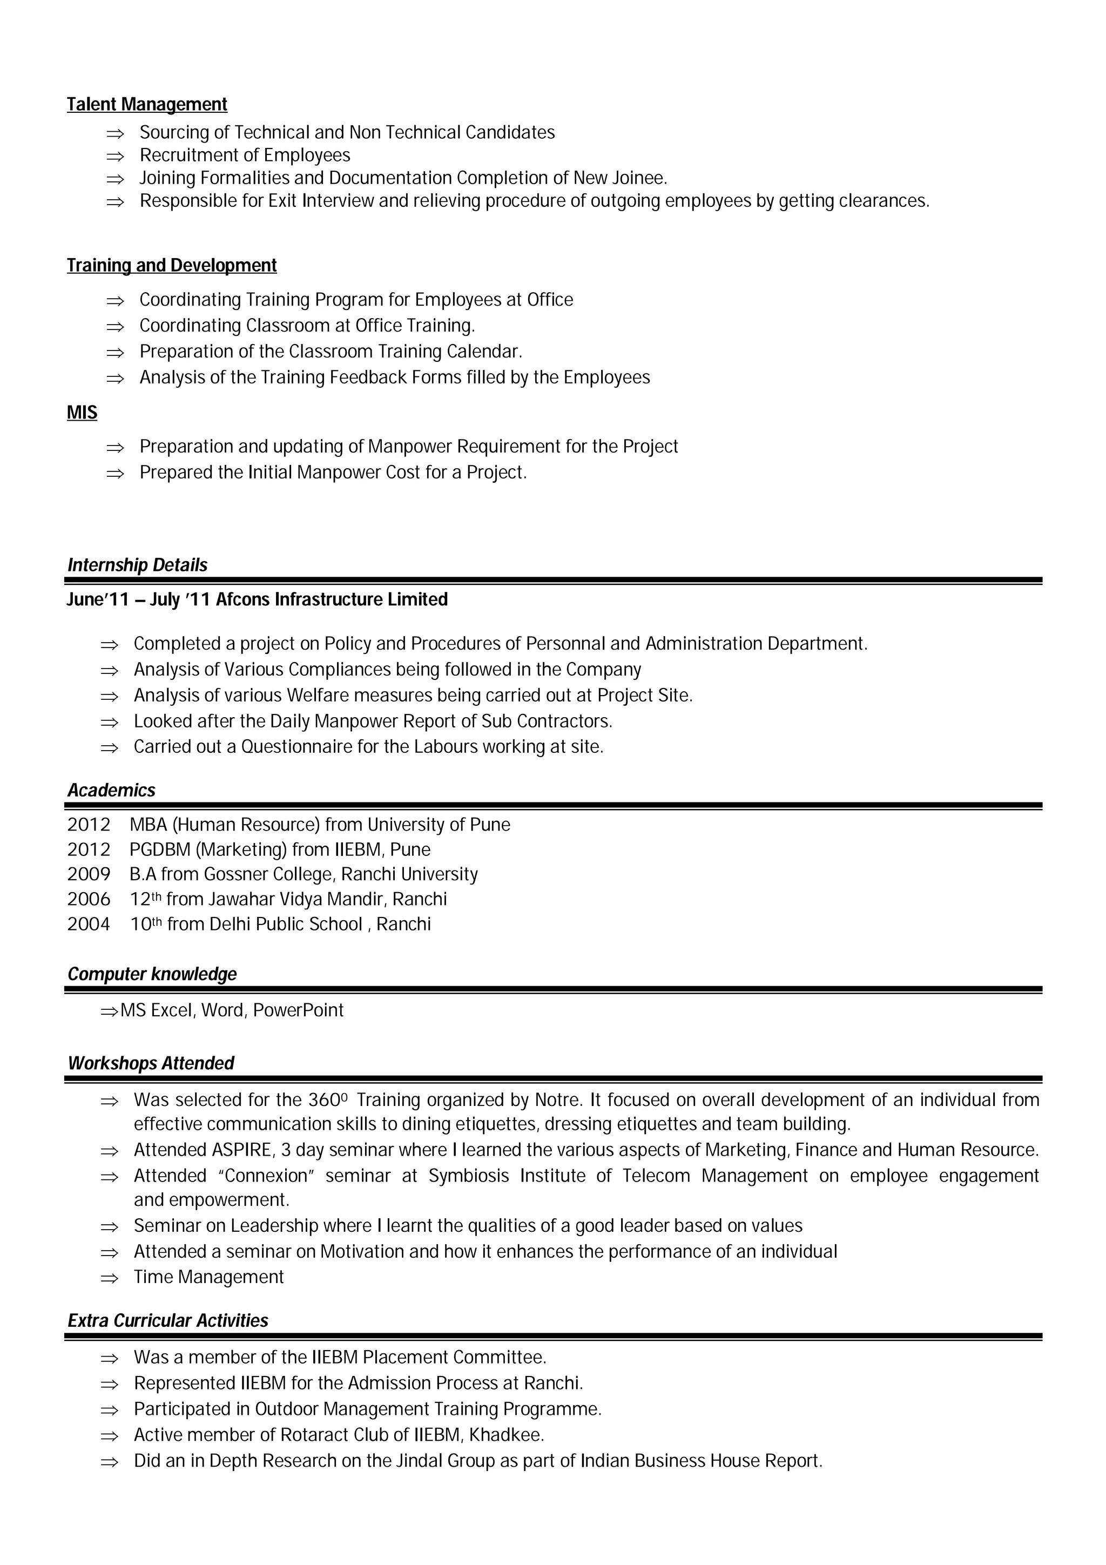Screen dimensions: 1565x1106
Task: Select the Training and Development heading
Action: [x=172, y=265]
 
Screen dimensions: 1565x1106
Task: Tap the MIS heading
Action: [x=82, y=413]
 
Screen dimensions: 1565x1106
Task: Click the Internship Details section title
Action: [x=137, y=565]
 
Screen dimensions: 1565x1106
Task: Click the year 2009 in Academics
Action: [x=89, y=874]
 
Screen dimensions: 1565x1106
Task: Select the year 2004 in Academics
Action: [x=89, y=925]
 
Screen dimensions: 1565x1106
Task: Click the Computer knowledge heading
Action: [x=152, y=974]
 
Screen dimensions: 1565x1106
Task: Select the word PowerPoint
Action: [x=299, y=1010]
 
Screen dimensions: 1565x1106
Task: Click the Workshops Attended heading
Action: [x=151, y=1063]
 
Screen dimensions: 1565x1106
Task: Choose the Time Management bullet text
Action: [x=208, y=1277]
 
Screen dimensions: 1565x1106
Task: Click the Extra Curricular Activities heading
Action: [x=167, y=1321]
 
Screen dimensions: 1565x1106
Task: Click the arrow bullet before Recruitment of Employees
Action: [x=115, y=156]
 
